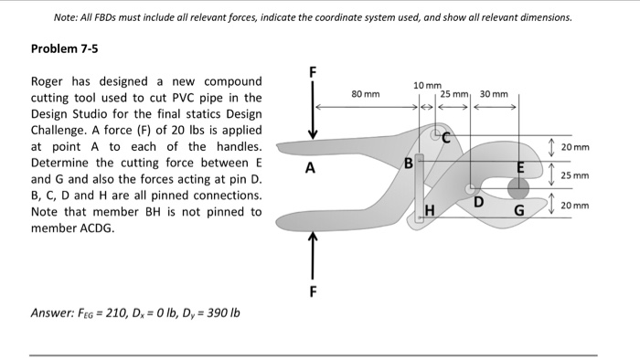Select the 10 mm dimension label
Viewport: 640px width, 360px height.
coord(427,85)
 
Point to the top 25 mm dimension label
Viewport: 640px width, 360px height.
coord(454,93)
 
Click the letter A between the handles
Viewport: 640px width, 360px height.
coord(311,168)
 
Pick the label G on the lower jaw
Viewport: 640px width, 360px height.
coord(517,213)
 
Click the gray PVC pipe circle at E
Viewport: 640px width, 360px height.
coord(518,187)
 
